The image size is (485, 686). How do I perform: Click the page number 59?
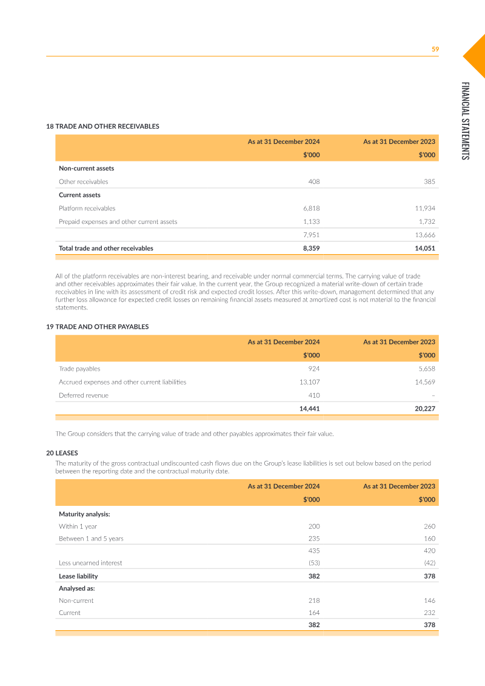(435, 49)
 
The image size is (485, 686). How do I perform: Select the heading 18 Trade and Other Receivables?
(102, 126)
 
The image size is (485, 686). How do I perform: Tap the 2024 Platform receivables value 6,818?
(312, 208)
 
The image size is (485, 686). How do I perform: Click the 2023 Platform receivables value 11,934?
(424, 208)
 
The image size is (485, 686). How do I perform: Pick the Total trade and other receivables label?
(106, 248)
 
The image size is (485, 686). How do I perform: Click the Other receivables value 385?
(429, 181)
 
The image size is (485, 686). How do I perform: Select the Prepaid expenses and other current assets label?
(118, 221)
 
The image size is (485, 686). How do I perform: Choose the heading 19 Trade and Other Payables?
(98, 326)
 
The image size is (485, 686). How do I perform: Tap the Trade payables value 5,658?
(426, 368)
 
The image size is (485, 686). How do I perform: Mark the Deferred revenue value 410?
(313, 395)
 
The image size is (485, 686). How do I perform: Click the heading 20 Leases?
(62, 453)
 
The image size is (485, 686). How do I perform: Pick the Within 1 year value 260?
(429, 526)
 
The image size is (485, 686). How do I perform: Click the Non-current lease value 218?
(313, 600)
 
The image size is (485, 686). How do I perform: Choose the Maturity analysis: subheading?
(84, 514)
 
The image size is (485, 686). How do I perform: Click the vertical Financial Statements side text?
(465, 121)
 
